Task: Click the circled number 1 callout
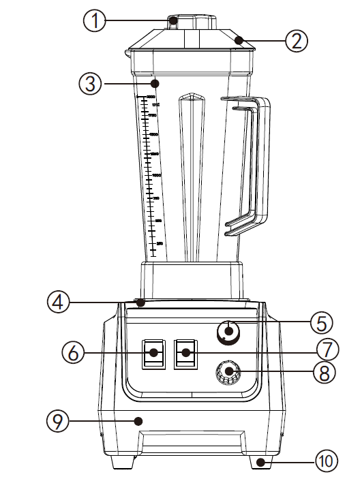point(95,21)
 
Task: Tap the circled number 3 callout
point(90,84)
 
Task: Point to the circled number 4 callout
point(59,301)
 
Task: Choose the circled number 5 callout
point(327,321)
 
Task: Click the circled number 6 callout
point(73,353)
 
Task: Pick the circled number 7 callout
point(327,350)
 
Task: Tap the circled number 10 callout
point(326,462)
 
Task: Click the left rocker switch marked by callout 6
point(155,353)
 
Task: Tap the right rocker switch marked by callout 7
point(185,353)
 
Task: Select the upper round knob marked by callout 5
point(228,332)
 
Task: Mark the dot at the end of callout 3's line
point(155,84)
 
